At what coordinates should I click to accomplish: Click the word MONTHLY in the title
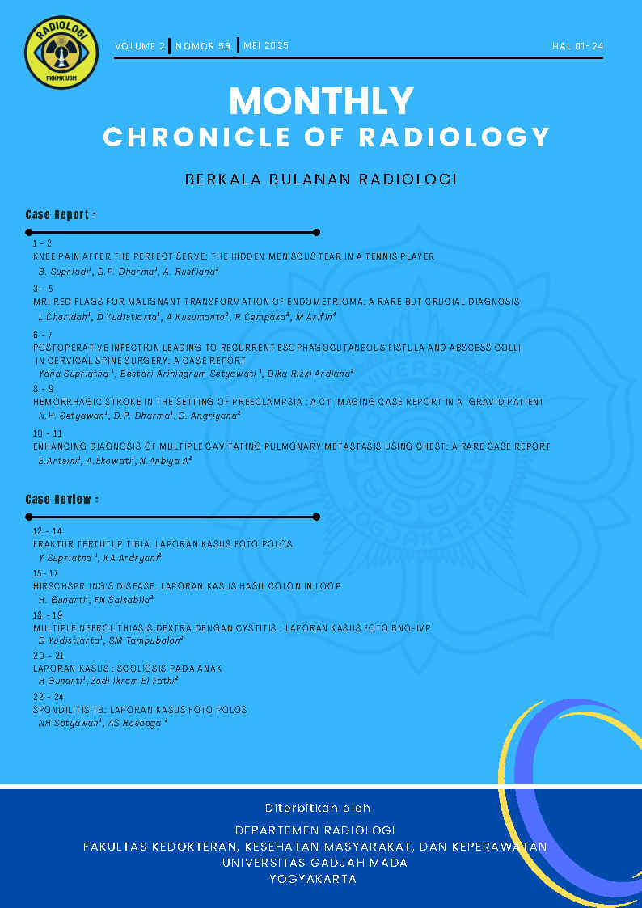tap(321, 101)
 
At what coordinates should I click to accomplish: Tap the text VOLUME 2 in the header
tap(140, 46)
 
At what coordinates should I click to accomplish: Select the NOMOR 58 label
tap(203, 46)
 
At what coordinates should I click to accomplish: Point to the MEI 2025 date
tap(266, 46)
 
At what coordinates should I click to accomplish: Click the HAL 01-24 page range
tap(577, 46)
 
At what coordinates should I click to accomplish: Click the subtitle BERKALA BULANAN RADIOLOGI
tap(321, 179)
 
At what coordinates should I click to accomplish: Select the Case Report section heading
tap(61, 215)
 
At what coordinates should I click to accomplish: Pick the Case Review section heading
tap(62, 500)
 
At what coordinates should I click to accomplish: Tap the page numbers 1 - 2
tap(42, 243)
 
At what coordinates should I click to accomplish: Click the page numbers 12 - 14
tap(47, 531)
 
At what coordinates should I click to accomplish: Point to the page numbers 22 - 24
tap(48, 697)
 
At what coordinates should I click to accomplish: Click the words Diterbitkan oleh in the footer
tap(318, 808)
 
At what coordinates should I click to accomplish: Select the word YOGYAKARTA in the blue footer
tap(313, 879)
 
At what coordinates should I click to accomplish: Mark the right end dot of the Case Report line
tap(316, 232)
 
